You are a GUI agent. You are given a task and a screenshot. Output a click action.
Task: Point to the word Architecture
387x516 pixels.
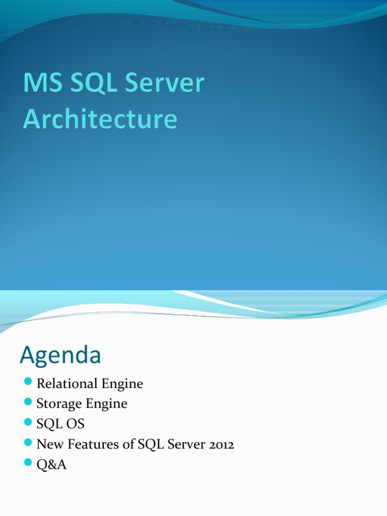coord(100,120)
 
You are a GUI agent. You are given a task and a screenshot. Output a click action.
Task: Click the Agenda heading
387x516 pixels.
coord(60,356)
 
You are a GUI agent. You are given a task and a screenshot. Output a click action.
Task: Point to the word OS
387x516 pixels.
coord(75,424)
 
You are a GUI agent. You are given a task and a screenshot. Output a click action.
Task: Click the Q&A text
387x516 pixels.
coord(51,465)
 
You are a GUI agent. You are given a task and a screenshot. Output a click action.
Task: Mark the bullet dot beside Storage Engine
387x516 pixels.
coord(28,402)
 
